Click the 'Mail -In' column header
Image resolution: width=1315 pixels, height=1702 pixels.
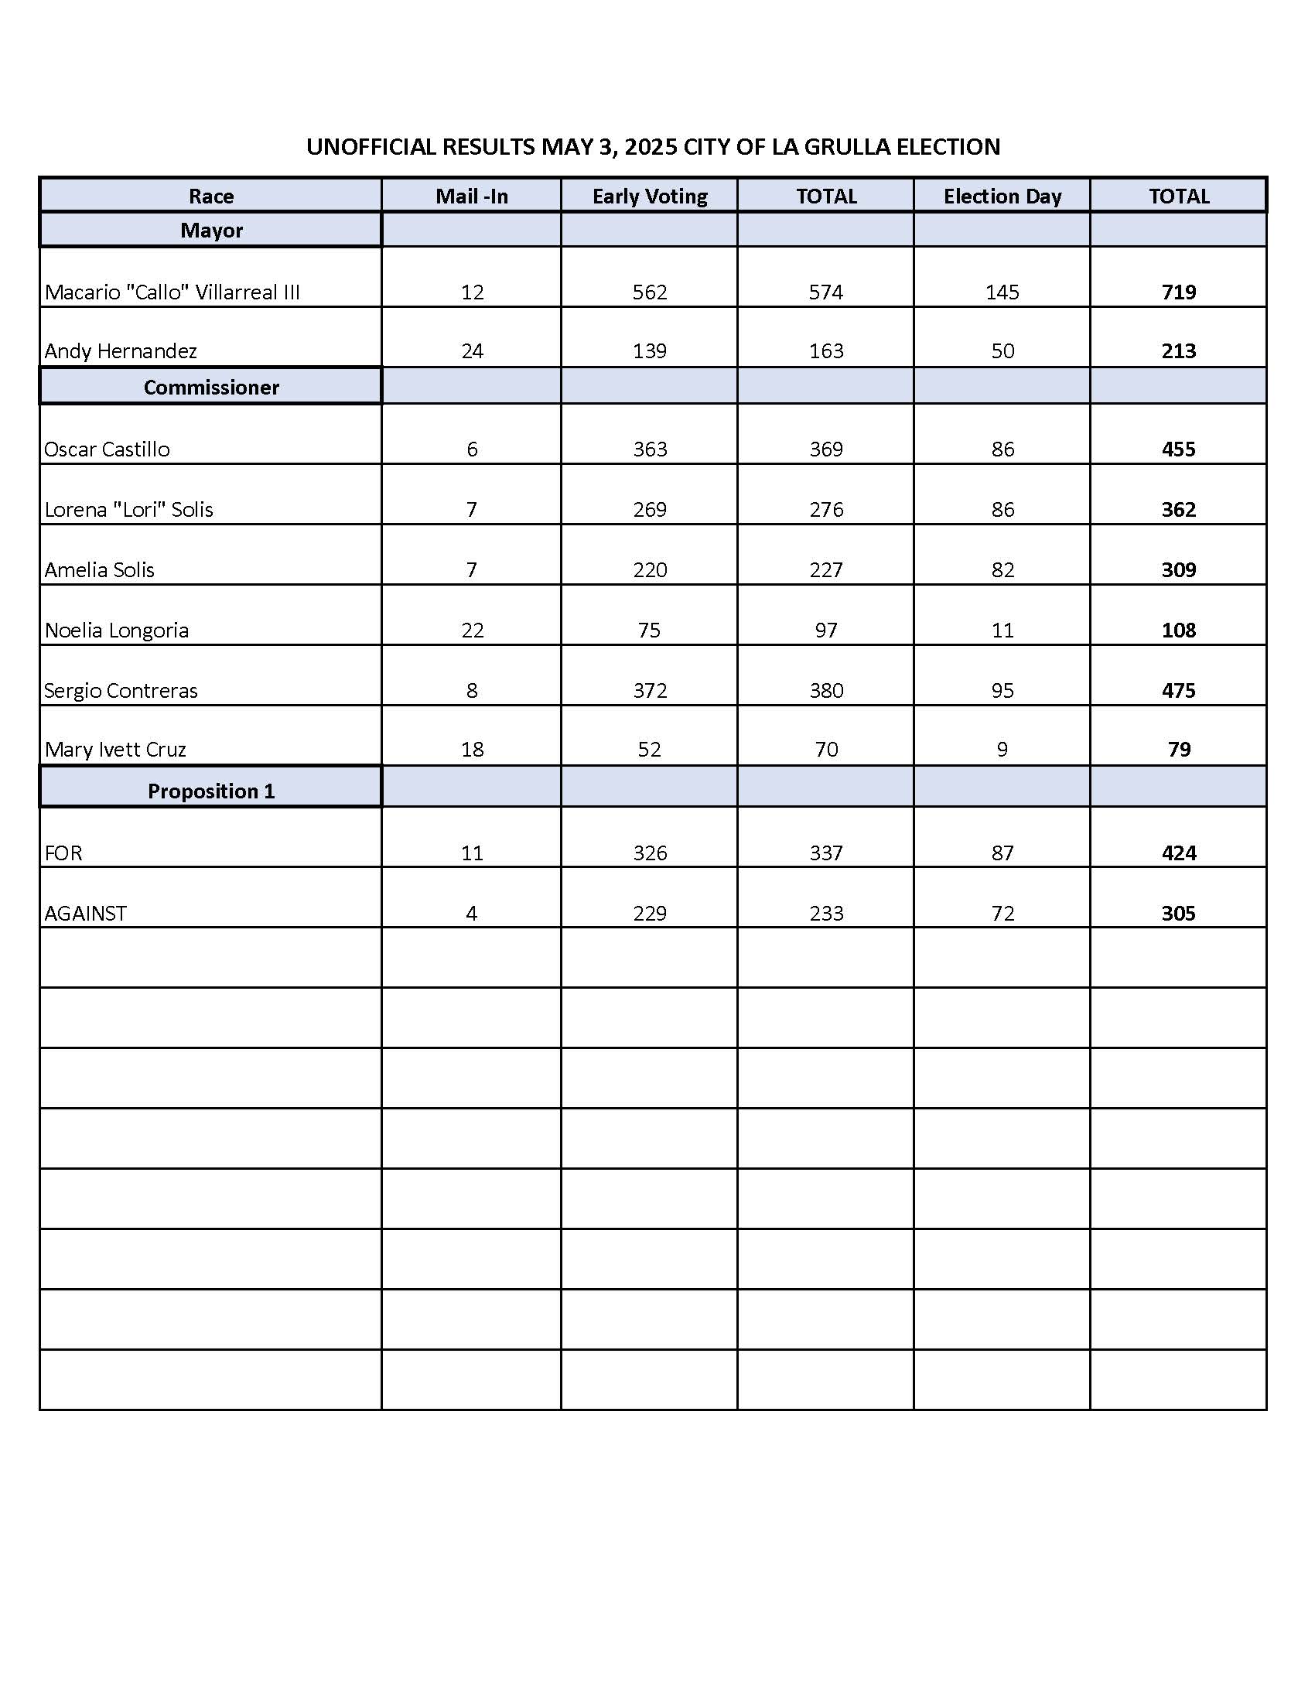tap(471, 197)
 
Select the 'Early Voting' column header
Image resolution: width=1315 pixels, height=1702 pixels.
tap(650, 197)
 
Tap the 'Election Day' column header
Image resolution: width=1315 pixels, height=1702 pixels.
tap(1002, 197)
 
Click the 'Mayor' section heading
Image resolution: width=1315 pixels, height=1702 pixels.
tap(211, 231)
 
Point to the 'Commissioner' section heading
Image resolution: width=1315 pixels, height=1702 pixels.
tap(211, 388)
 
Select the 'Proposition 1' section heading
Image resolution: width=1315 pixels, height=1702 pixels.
tap(211, 791)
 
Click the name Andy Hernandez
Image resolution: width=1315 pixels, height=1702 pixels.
tap(121, 351)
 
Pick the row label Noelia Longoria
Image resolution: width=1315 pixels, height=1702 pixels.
tap(117, 631)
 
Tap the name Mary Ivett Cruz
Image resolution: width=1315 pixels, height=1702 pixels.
tap(115, 750)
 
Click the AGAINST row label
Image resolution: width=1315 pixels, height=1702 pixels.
tap(86, 914)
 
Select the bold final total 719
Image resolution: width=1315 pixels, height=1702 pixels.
tap(1178, 292)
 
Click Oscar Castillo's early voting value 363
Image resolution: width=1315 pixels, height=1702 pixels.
tap(650, 449)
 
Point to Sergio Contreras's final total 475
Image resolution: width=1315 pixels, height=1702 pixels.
tap(1178, 690)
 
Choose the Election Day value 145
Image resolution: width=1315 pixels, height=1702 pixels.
tap(1002, 292)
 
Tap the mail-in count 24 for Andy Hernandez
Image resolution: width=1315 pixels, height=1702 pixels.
tap(472, 351)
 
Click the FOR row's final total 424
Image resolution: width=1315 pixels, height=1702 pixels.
tap(1178, 853)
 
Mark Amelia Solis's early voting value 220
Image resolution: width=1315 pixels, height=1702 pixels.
tap(650, 570)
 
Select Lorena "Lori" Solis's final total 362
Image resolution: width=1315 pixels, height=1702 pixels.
tap(1178, 510)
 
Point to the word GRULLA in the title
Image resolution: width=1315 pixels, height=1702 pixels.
tap(848, 147)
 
